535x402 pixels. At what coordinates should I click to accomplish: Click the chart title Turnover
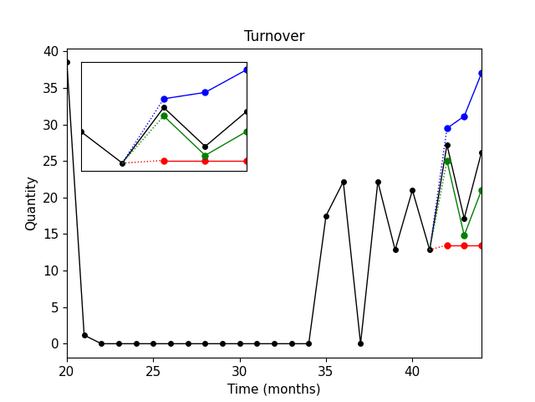pos(273,36)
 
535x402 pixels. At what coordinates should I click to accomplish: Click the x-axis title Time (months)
pos(273,389)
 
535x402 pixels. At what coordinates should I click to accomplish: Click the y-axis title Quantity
pos(31,204)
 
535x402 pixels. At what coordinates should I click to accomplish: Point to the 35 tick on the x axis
pos(326,358)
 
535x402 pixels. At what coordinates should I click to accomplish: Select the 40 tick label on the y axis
pos(52,52)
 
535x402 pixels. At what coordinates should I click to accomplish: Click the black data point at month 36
pos(344,182)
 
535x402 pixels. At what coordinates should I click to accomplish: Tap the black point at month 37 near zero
pos(360,343)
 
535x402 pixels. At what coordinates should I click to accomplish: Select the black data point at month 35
pos(326,216)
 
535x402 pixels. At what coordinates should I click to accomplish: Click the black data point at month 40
pos(412,190)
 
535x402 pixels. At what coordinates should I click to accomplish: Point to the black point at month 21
pos(84,335)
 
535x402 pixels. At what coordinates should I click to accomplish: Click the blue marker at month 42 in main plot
pos(447,128)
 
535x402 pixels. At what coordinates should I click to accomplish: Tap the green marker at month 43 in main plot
pos(464,235)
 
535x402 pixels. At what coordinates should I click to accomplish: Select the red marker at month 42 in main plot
pos(447,245)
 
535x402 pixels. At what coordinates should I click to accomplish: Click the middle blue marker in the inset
pos(205,92)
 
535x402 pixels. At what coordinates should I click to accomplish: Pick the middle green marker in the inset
pos(205,156)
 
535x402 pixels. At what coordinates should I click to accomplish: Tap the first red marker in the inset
pos(164,161)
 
